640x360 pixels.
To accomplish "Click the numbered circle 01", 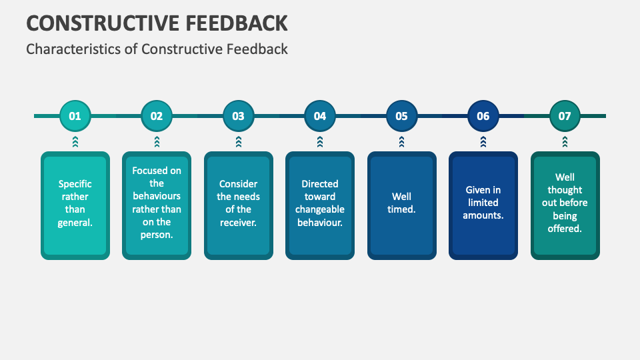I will pos(75,116).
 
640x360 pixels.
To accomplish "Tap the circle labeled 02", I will pos(157,116).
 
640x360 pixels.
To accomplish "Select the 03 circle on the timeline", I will pos(238,116).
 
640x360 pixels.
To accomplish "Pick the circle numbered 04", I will pos(320,116).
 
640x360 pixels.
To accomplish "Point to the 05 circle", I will pos(401,116).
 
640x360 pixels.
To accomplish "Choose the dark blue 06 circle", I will pos(483,116).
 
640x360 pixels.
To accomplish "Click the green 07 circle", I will pos(565,116).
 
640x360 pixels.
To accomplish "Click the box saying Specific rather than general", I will pos(75,205).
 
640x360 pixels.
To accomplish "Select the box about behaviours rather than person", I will pos(157,205).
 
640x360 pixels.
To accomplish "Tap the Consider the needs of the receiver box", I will pos(238,205).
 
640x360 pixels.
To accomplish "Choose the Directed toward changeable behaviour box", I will pos(320,205).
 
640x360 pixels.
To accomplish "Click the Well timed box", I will pos(401,205).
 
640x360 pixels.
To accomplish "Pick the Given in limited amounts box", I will pos(483,205).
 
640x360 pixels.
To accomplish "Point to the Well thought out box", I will pos(565,205).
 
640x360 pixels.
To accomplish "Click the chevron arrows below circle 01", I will pos(75,141).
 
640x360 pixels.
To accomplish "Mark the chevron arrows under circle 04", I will pos(320,141).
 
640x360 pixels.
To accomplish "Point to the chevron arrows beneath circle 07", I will pos(565,141).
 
